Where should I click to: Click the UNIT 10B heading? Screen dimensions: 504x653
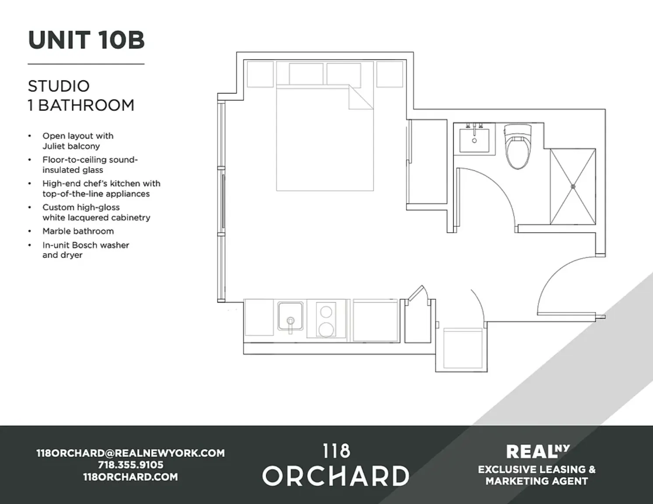[86, 40]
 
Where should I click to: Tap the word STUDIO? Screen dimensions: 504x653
[59, 86]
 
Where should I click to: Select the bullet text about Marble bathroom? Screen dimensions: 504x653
[78, 231]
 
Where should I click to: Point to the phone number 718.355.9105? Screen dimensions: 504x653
[130, 465]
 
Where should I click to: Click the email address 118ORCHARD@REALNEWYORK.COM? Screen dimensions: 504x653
[130, 453]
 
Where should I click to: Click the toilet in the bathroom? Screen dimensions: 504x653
[517, 146]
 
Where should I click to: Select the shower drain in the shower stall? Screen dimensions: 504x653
[573, 186]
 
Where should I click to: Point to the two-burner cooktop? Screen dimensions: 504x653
[326, 320]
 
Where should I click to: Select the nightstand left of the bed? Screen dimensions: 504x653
[261, 74]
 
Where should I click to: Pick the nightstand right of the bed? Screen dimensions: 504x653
[389, 74]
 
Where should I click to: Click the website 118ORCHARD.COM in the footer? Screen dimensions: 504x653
[130, 477]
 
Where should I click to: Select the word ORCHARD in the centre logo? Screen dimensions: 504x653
[336, 476]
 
